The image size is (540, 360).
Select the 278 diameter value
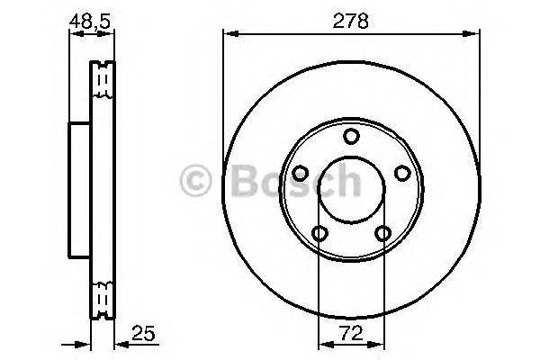point(351,22)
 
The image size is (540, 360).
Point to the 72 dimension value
point(352,333)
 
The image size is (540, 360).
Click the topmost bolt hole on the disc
point(351,136)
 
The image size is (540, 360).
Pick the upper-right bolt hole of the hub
point(402,174)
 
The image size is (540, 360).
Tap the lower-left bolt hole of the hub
point(319,234)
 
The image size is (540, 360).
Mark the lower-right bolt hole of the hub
point(383,234)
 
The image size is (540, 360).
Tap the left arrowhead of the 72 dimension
point(324,344)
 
